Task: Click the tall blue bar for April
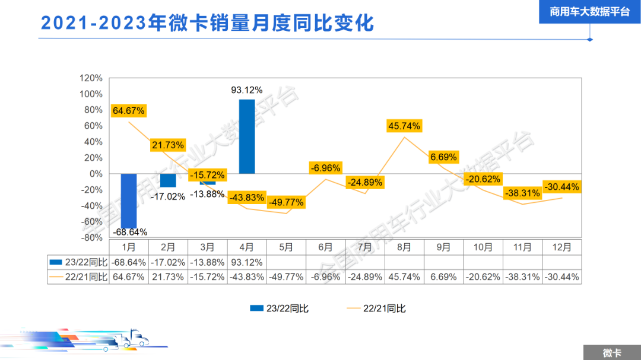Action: coord(247,136)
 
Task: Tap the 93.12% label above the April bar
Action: coord(247,90)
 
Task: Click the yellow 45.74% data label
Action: coord(404,126)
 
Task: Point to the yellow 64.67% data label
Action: coord(128,110)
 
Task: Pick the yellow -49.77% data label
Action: coord(287,202)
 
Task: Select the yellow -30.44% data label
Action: coord(561,187)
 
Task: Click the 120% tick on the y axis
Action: coord(91,78)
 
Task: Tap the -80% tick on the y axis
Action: coord(91,237)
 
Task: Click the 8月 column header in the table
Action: coord(405,247)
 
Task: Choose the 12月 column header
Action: coord(561,247)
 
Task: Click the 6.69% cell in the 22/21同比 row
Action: coord(444,277)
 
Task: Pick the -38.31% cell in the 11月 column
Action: coord(522,277)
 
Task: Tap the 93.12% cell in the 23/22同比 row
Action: coord(247,262)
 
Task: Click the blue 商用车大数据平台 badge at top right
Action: coord(589,12)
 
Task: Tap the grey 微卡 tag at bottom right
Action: coord(611,353)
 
